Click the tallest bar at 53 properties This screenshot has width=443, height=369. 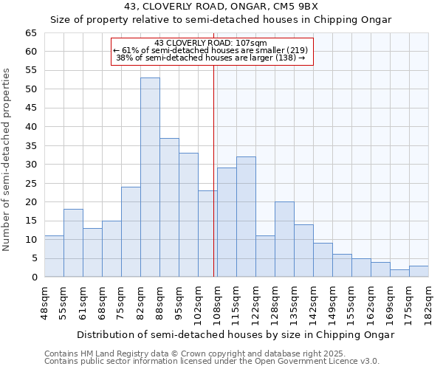pyautogui.click(x=150, y=177)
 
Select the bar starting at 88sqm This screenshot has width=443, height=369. pyautogui.click(x=169, y=207)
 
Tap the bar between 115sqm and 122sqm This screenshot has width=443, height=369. pyautogui.click(x=246, y=217)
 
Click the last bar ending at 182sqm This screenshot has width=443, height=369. pyautogui.click(x=419, y=271)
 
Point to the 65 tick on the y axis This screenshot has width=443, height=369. pyautogui.click(x=30, y=33)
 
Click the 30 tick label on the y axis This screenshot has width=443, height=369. pyautogui.click(x=30, y=165)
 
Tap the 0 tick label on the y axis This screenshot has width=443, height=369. pyautogui.click(x=33, y=277)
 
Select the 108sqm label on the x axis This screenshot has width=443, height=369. pyautogui.click(x=218, y=303)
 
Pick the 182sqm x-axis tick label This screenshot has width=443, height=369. pyautogui.click(x=429, y=303)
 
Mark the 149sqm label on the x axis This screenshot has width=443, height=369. pyautogui.click(x=333, y=303)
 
